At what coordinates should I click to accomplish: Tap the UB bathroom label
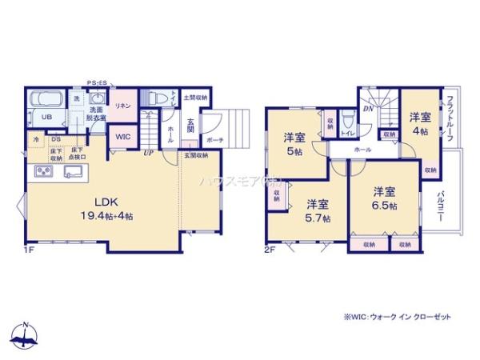(x=46, y=117)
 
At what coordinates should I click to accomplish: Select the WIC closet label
(x=122, y=136)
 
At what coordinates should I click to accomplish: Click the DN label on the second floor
(x=366, y=109)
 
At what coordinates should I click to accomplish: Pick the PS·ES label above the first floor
(x=98, y=82)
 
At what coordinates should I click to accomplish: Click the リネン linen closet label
(x=122, y=106)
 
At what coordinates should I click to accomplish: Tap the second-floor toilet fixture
(x=346, y=124)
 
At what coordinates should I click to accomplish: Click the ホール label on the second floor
(x=362, y=150)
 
